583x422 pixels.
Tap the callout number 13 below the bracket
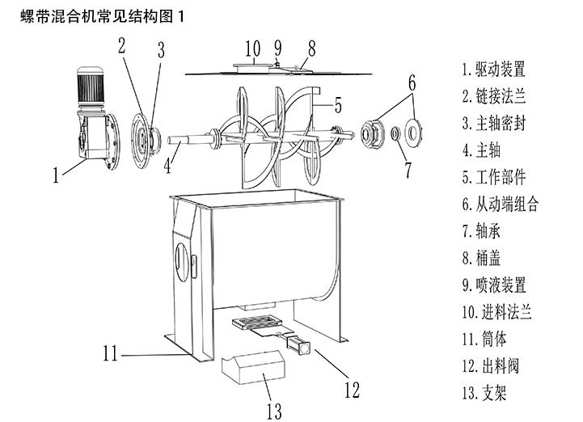coord(275,410)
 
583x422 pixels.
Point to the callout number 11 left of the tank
coord(111,352)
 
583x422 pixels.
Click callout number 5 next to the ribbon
coord(338,104)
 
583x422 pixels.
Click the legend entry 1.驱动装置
coord(493,69)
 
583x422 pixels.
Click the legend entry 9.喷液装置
coord(493,285)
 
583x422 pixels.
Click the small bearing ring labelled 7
coord(395,133)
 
